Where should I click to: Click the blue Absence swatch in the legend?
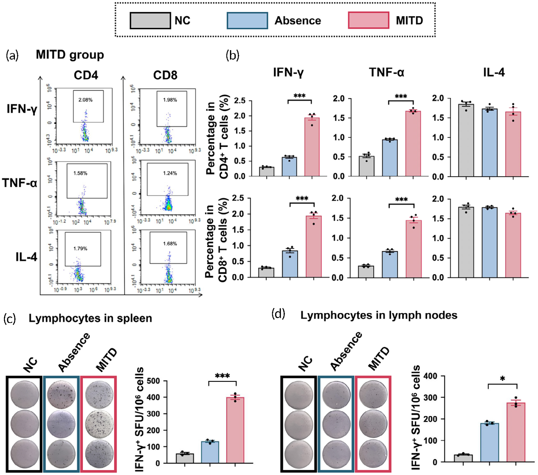247,21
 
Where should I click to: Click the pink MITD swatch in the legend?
369,21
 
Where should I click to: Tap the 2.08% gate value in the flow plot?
86,100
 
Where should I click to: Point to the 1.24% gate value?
170,173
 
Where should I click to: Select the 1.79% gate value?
80,248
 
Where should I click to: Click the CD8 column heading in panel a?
165,75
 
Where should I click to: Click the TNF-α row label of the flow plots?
20,183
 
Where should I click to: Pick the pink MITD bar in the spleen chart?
235,430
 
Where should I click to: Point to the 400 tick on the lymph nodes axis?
430,376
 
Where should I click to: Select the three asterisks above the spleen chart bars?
222,376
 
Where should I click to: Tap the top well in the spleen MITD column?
99,395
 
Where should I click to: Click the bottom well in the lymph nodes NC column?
298,454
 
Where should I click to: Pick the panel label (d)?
278,314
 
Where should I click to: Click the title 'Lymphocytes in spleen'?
90,318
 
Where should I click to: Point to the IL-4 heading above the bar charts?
494,72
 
